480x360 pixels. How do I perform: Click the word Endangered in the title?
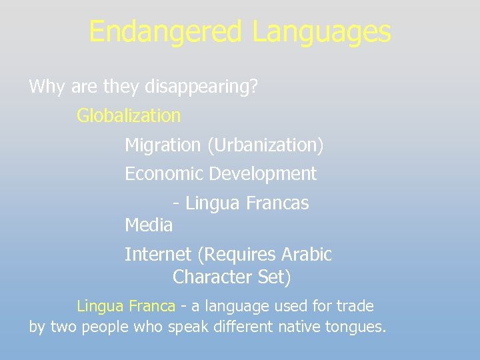coord(166,31)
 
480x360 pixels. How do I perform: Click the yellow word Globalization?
coord(129,115)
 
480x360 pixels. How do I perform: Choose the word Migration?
coord(163,145)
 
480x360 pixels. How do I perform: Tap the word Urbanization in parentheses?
coord(265,145)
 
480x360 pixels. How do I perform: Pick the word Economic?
coord(164,174)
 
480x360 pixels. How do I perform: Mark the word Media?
coord(149,225)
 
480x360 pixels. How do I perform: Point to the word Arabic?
coord(307,255)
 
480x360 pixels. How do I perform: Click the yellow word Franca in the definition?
coord(152,306)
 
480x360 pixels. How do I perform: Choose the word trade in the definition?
coord(355,306)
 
